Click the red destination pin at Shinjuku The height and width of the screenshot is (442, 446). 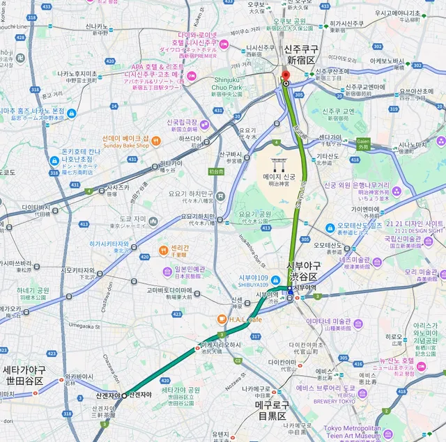(x=285, y=77)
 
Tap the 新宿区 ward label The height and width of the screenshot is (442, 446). (x=300, y=61)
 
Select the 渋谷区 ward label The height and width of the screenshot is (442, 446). (x=304, y=276)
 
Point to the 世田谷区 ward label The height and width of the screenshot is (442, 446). (x=23, y=381)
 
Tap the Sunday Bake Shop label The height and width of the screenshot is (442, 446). (x=125, y=146)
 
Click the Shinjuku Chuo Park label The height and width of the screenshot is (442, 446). (x=226, y=84)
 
